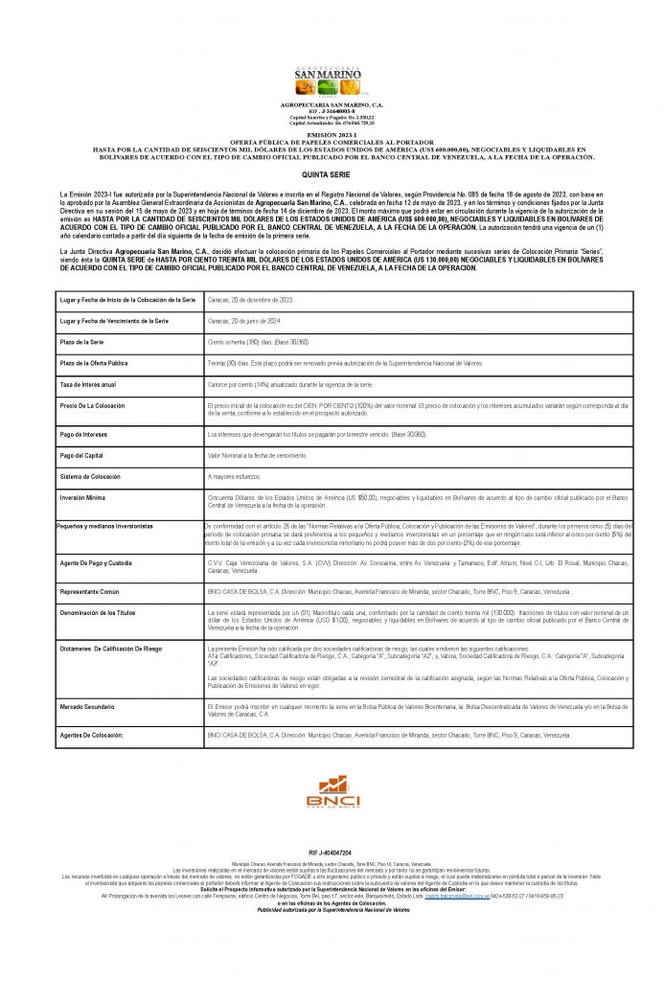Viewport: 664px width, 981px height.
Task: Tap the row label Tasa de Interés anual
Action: pyautogui.click(x=88, y=383)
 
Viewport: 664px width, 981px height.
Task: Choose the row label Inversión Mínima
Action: pyautogui.click(x=83, y=497)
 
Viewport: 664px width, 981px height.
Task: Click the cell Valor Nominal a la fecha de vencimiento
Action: pyautogui.click(x=258, y=455)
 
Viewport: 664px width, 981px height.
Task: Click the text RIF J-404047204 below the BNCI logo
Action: pyautogui.click(x=331, y=852)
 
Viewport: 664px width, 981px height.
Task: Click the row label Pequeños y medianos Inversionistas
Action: pyautogui.click(x=104, y=527)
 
